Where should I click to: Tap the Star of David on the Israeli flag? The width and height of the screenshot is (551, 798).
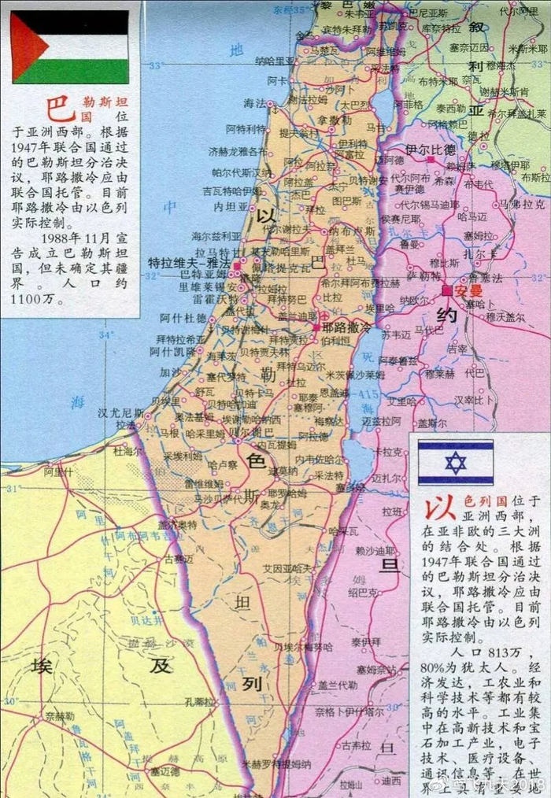[455, 463]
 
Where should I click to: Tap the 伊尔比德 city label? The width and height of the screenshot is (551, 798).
[430, 150]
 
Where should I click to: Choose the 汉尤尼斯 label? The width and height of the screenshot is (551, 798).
[120, 412]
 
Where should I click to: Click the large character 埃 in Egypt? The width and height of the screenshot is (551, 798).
[41, 667]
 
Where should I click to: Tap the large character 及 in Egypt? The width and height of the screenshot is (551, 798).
[161, 666]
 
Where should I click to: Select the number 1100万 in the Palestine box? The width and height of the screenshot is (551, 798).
[35, 300]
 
